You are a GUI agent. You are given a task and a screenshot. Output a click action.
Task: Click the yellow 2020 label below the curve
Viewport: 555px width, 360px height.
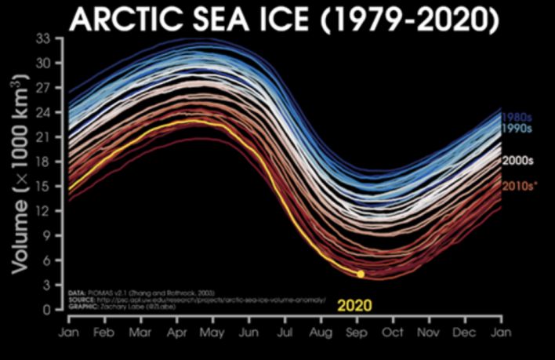pos(354,305)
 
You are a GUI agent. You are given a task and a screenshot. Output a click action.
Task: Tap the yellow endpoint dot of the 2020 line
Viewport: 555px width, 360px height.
pos(360,274)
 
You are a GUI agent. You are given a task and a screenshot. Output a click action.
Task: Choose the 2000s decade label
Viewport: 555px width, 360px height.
pos(518,160)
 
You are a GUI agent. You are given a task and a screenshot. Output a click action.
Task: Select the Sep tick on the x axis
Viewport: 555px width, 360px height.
pos(357,332)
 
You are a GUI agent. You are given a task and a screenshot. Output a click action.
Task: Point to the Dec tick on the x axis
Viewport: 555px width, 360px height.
pos(465,332)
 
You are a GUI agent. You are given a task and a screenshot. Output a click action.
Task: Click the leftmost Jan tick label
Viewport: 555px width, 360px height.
pos(67,332)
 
